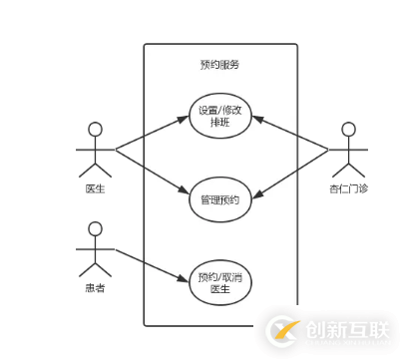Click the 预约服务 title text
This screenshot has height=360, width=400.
[x=219, y=64]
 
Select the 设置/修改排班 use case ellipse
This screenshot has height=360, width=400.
[x=219, y=117]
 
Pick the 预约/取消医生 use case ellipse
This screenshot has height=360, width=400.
[x=219, y=282]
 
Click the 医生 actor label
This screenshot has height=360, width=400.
[x=96, y=187]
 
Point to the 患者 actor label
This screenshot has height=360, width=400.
[x=96, y=290]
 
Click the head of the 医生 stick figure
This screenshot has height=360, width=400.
[x=97, y=128]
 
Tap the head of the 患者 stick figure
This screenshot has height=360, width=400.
[x=97, y=228]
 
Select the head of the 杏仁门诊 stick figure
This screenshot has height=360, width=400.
[x=348, y=129]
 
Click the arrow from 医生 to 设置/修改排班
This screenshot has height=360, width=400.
[x=152, y=134]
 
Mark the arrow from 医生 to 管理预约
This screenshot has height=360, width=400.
[x=152, y=169]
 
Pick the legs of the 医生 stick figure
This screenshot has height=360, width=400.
[x=97, y=167]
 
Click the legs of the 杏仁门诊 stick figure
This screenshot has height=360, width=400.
[x=348, y=168]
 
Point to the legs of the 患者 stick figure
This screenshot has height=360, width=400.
[x=97, y=268]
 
